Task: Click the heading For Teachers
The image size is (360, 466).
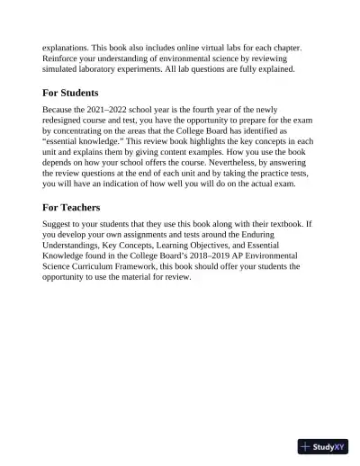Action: click(x=70, y=207)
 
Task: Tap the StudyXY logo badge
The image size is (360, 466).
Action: click(x=322, y=446)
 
